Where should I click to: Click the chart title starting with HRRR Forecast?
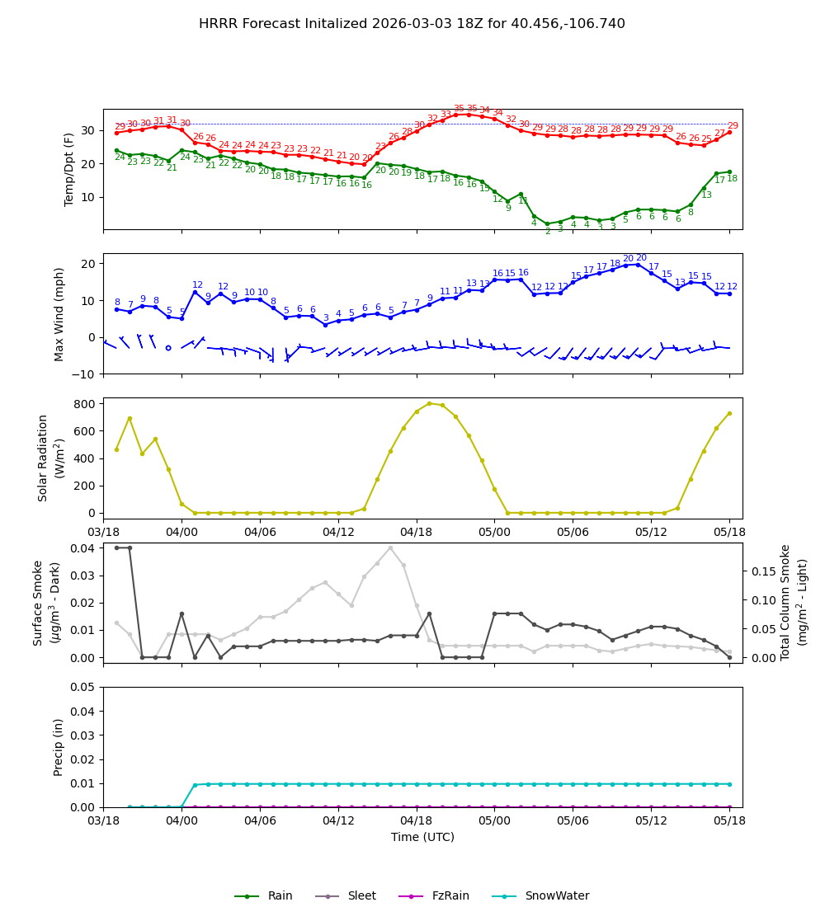tap(412, 24)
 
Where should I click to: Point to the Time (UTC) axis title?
tap(422, 837)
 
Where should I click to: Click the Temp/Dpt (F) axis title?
tap(70, 169)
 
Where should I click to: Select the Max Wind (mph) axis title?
tap(59, 313)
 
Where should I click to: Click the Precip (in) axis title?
tap(59, 747)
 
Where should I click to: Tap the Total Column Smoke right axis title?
tap(794, 602)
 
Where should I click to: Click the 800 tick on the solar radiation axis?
tap(85, 404)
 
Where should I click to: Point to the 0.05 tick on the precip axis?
tap(82, 687)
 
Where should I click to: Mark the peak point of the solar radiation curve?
tap(429, 403)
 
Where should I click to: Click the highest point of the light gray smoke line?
tap(390, 547)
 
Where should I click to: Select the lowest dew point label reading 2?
tap(547, 232)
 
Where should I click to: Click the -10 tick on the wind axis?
tap(84, 374)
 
